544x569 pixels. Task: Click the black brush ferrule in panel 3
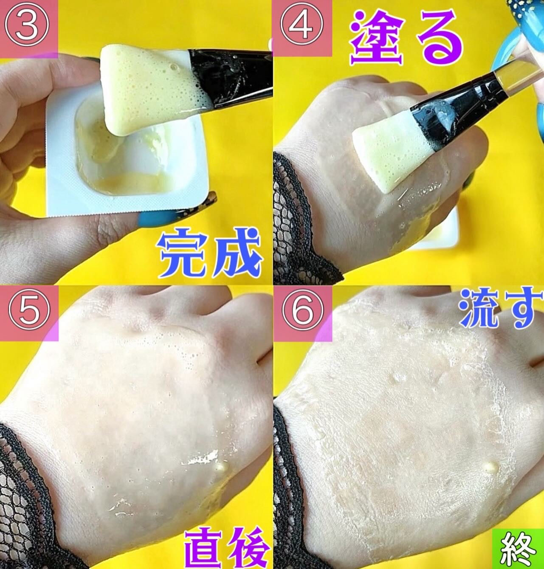(x=231, y=77)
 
